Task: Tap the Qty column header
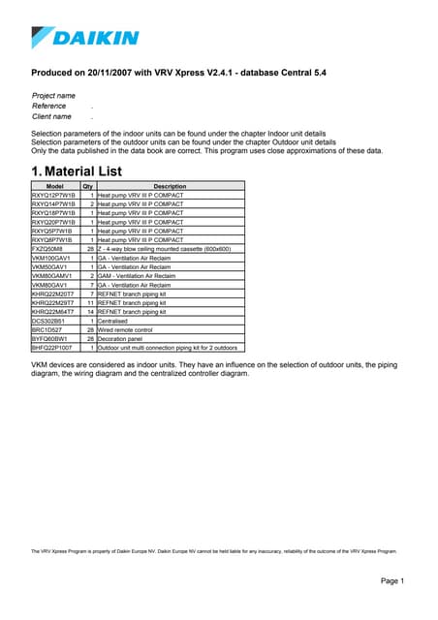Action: coord(87,186)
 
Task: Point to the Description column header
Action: coord(170,186)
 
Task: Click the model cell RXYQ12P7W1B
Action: coord(53,195)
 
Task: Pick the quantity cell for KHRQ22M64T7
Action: coord(90,313)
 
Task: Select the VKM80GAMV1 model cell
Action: coord(51,276)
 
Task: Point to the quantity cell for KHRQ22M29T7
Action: coord(90,303)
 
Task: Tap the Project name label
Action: coord(53,96)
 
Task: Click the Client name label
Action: coord(52,116)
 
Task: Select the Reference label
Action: coord(49,106)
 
